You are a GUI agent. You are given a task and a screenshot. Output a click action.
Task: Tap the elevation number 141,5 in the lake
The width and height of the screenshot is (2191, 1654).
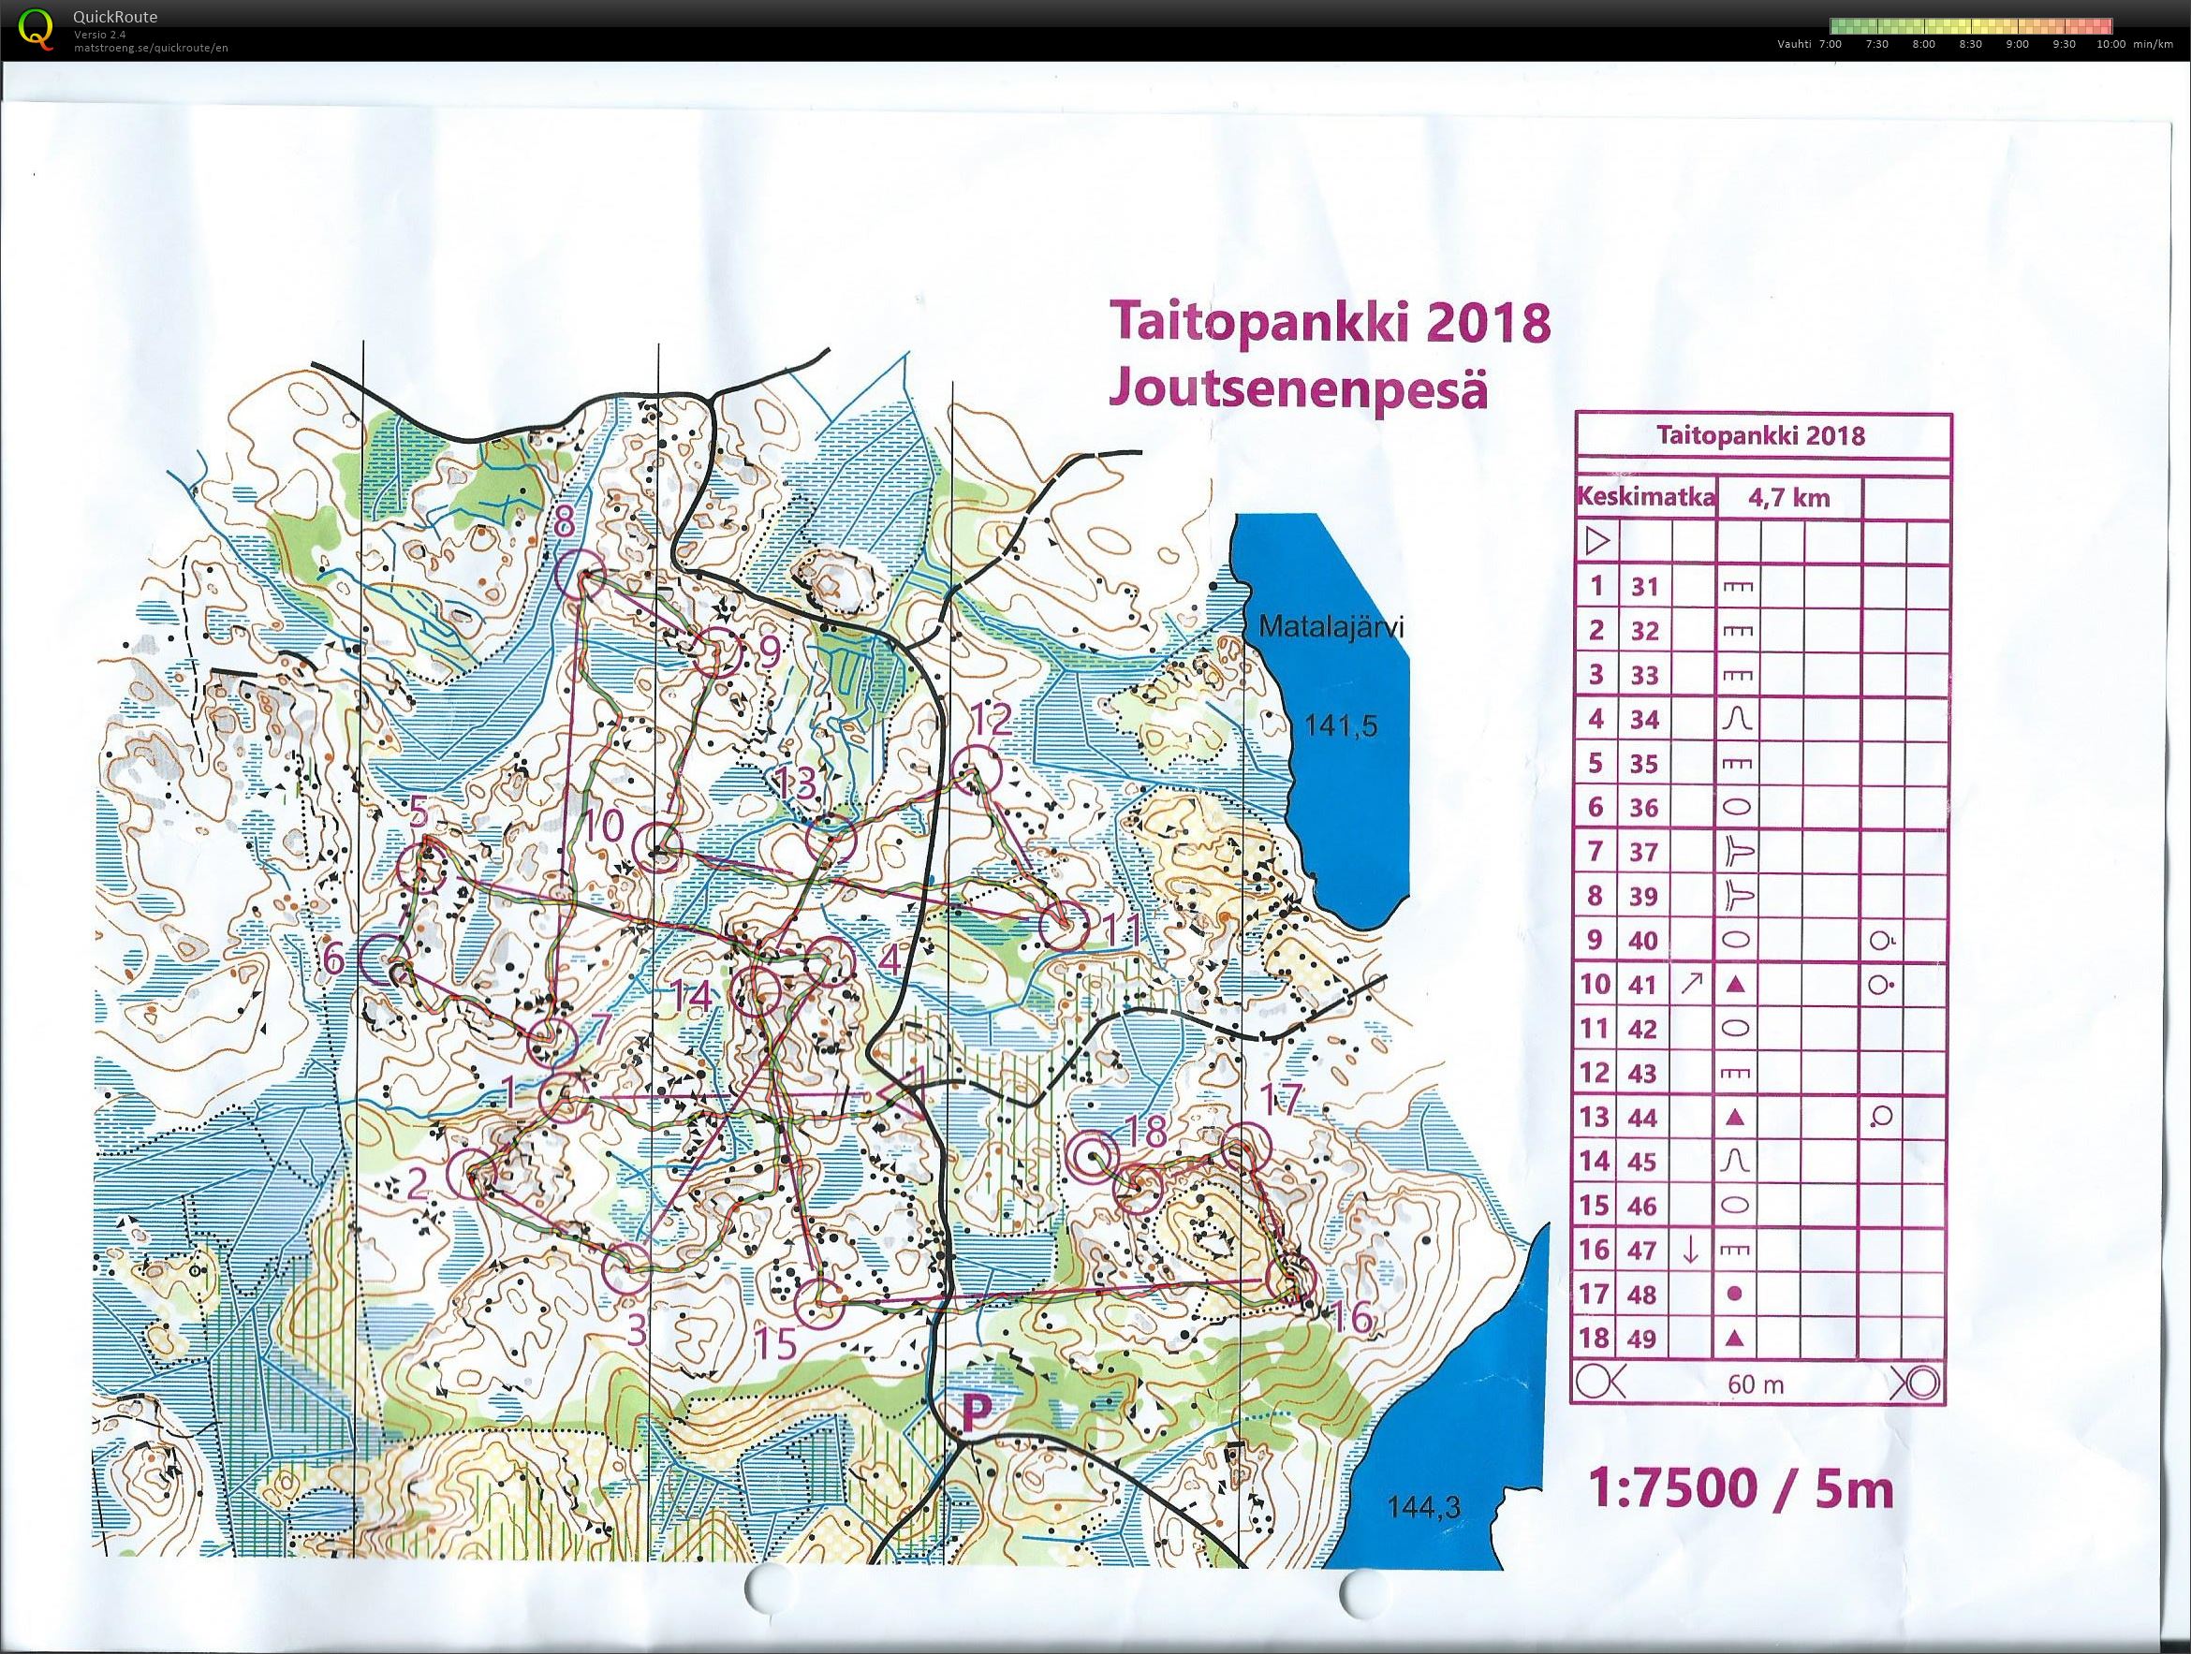(x=1340, y=726)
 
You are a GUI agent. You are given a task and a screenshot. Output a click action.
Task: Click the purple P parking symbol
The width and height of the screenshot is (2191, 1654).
(x=977, y=1413)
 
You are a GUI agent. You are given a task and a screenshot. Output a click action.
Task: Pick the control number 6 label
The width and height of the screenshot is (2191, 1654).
(x=334, y=959)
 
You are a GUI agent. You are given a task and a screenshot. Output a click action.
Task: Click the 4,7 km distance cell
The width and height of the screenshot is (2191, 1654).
(x=1789, y=497)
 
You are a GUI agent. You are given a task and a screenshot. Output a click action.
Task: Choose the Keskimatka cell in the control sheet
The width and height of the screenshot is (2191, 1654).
(x=1644, y=497)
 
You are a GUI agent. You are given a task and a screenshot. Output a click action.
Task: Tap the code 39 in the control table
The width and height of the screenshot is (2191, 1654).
(x=1644, y=897)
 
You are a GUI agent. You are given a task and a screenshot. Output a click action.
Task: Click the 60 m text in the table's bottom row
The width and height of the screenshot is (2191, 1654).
(x=1756, y=1383)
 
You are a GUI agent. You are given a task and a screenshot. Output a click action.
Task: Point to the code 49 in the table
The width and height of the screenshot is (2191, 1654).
(x=1644, y=1339)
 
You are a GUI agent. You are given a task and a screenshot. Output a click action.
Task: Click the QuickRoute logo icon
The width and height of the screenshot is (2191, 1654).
(x=37, y=28)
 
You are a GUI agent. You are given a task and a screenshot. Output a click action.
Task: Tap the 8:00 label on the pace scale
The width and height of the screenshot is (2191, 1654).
(x=1922, y=45)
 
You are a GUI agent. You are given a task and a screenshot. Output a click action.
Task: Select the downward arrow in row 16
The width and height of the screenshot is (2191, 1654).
(x=1692, y=1251)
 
